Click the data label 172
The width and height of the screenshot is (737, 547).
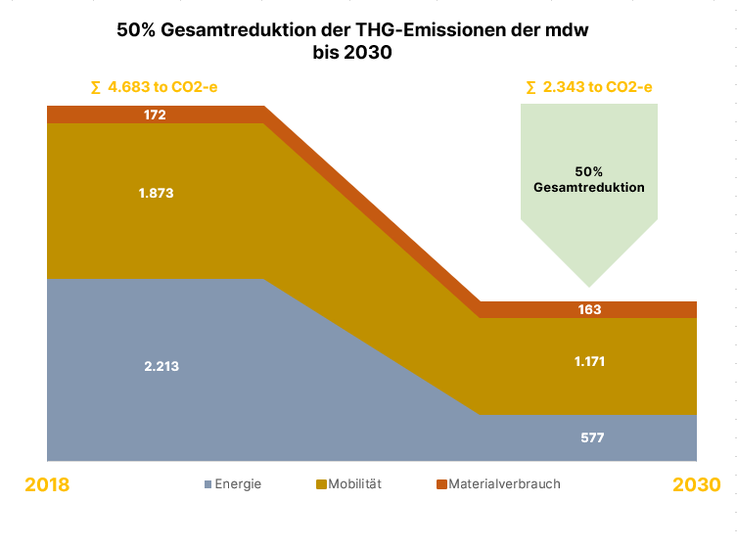[155, 114]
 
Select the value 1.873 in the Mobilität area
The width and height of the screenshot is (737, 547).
[157, 193]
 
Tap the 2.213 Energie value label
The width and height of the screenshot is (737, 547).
[161, 366]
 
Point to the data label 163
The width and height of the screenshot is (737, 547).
[589, 309]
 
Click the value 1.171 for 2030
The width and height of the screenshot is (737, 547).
[589, 361]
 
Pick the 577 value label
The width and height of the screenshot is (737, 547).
[591, 437]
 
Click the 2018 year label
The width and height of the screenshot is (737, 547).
[47, 484]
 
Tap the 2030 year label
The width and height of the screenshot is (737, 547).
[696, 484]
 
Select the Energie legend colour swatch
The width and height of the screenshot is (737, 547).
[207, 484]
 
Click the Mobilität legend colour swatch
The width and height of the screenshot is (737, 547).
[321, 484]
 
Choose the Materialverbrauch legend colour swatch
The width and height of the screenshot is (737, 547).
[440, 484]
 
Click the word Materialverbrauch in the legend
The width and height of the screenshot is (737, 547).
[504, 483]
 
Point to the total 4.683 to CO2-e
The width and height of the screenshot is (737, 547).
[154, 87]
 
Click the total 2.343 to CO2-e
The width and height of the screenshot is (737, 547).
[589, 87]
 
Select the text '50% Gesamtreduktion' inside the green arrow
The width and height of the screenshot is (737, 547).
[589, 179]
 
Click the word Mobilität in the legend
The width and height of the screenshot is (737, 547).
[354, 483]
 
